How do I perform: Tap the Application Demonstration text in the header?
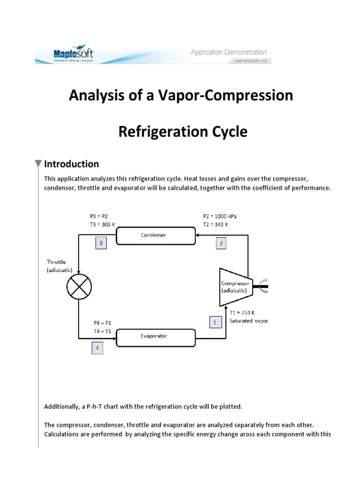pos(228,52)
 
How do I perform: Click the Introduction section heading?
pos(71,164)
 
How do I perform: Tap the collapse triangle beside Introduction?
pos(38,164)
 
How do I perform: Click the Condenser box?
pos(156,236)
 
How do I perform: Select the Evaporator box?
pos(156,336)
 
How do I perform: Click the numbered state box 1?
pos(215,322)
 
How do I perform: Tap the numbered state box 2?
pos(222,243)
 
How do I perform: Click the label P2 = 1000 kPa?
pos(220,217)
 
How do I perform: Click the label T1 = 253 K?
pos(242,313)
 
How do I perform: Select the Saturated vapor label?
pos(249,321)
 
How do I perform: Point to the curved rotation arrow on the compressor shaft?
pos(263,286)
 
